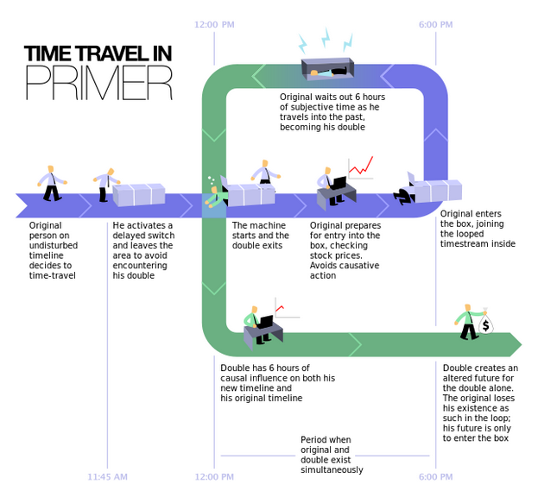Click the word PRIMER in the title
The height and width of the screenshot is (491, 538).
[99, 83]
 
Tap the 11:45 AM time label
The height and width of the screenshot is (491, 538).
[107, 476]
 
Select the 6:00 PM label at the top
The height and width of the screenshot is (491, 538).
[436, 25]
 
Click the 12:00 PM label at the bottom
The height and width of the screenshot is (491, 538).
[214, 476]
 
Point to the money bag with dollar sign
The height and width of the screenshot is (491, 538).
[486, 323]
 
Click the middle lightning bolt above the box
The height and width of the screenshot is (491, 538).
[326, 38]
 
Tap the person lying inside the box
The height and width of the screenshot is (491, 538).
[327, 72]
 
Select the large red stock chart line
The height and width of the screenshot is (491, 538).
[361, 166]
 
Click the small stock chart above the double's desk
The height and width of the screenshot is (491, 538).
[287, 308]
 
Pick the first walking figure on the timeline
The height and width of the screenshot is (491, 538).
[52, 183]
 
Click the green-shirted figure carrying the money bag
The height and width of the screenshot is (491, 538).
[468, 322]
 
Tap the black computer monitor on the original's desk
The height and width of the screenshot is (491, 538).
[339, 182]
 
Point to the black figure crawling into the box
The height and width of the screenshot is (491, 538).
[404, 196]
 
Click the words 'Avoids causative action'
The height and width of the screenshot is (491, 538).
[345, 270]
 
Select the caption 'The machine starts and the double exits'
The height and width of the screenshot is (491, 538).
[260, 236]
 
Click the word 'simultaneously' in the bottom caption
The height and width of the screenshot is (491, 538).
[332, 469]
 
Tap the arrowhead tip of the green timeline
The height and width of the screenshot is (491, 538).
[522, 344]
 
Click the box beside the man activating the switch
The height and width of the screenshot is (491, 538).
[139, 195]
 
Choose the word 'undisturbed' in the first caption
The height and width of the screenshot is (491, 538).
[54, 245]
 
